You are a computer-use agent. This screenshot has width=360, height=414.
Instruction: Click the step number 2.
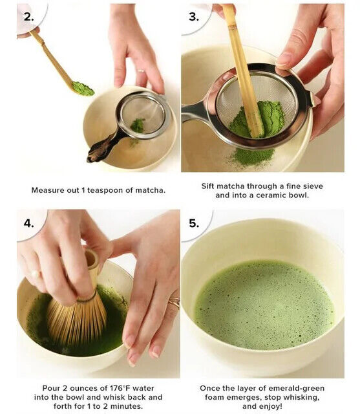[x=28, y=17]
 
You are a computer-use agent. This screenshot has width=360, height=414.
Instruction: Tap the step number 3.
[x=194, y=17]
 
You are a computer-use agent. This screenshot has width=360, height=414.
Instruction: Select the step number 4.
[x=28, y=223]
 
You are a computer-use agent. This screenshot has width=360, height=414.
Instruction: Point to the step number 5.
[x=194, y=223]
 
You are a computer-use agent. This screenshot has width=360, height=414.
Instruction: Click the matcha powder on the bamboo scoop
[x=83, y=89]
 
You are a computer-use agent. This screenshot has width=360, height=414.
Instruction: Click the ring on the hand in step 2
[x=141, y=71]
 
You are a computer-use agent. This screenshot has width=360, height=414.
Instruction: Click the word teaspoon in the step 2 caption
[x=105, y=190]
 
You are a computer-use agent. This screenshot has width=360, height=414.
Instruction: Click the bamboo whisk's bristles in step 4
[x=77, y=321]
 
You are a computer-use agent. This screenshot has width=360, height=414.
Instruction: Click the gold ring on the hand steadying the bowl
[x=175, y=303]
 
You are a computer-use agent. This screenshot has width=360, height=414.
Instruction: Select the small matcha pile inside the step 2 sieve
[x=138, y=125]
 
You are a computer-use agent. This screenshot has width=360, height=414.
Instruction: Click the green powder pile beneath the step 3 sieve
[x=253, y=156]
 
